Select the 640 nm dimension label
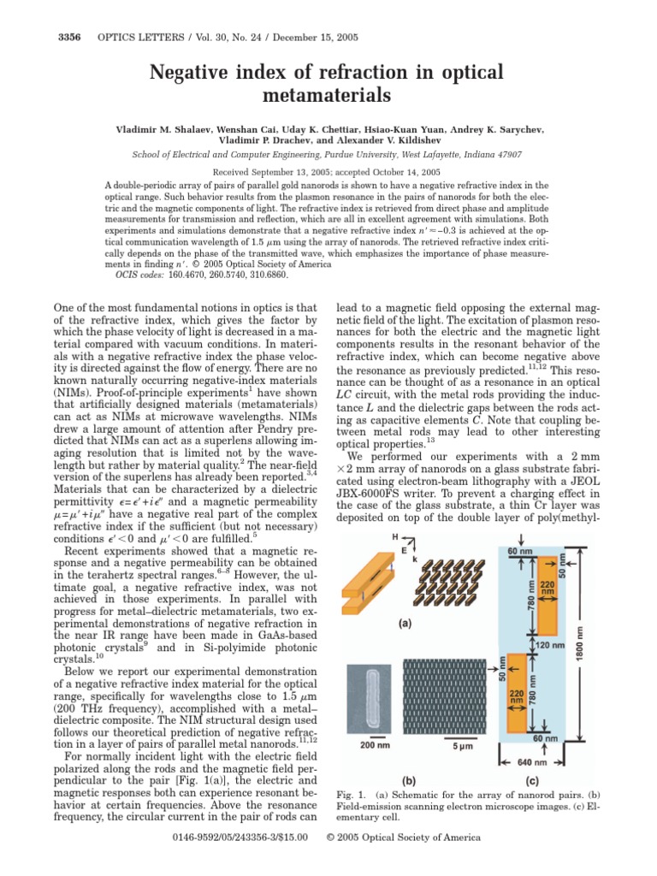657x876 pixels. point(528,761)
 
